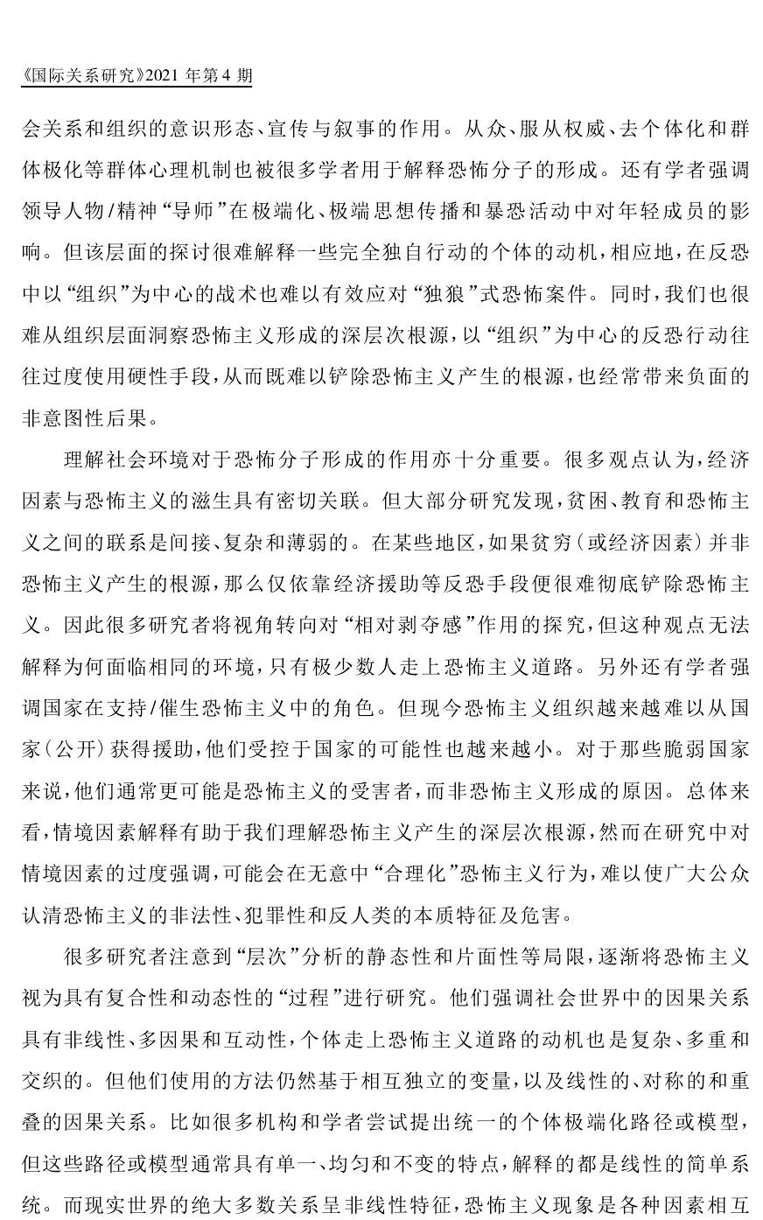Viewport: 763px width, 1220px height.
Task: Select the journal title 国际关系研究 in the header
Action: tap(79, 76)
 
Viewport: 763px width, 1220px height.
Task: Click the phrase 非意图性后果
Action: tap(89, 417)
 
